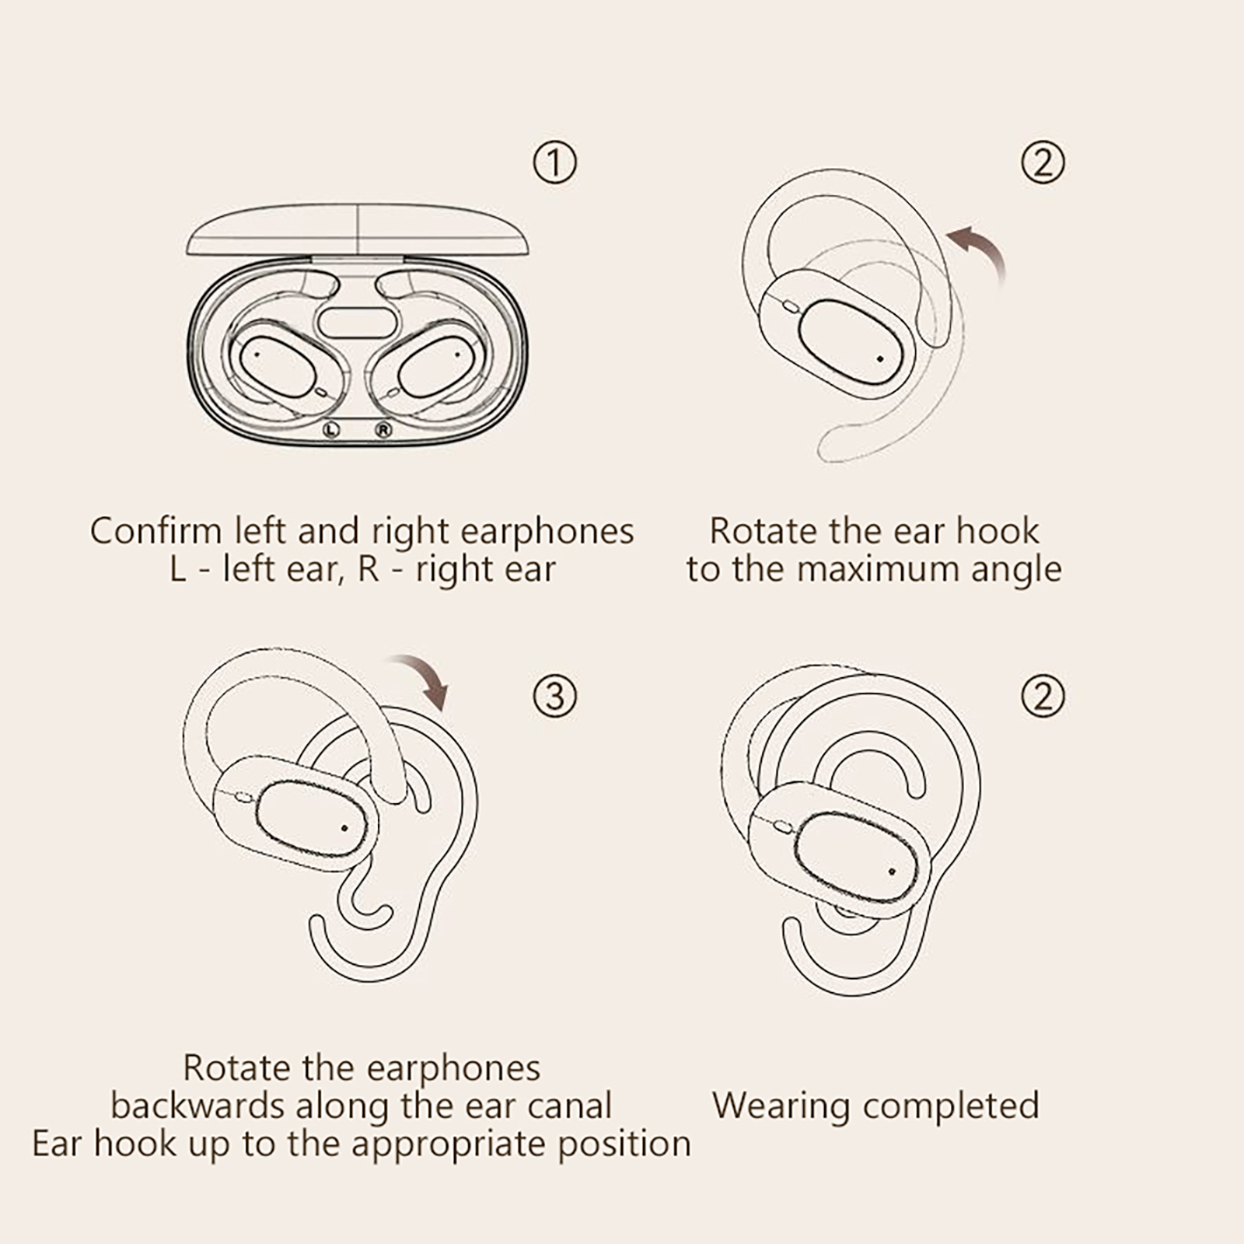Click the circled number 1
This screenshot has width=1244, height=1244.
pyautogui.click(x=554, y=162)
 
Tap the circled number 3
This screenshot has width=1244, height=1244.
pyautogui.click(x=554, y=695)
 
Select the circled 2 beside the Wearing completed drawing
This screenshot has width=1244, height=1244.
pyautogui.click(x=1043, y=695)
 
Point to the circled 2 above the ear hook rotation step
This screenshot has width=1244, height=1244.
pyautogui.click(x=1043, y=162)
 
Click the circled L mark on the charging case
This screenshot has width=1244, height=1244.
pyautogui.click(x=332, y=429)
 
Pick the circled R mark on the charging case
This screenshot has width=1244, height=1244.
pyautogui.click(x=383, y=429)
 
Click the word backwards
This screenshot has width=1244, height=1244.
pyautogui.click(x=197, y=1106)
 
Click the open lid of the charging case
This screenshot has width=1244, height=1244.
pyautogui.click(x=358, y=231)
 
